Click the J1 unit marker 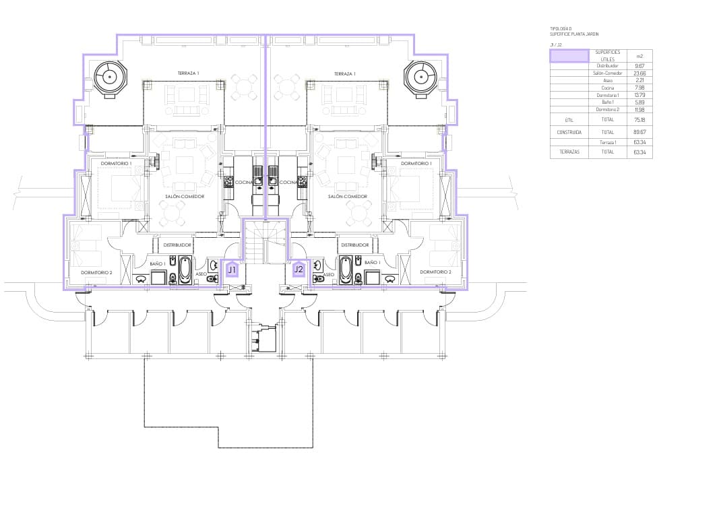231,269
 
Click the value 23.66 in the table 640,73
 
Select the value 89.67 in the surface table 640,132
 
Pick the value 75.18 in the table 640,119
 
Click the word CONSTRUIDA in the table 569,132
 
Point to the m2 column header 640,56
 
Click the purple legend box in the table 569,56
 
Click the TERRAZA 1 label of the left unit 188,73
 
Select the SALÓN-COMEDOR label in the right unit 348,197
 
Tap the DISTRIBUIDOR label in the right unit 354,245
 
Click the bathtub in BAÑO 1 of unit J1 185,270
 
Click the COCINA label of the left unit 243,183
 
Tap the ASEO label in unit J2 329,275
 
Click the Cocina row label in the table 607,88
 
